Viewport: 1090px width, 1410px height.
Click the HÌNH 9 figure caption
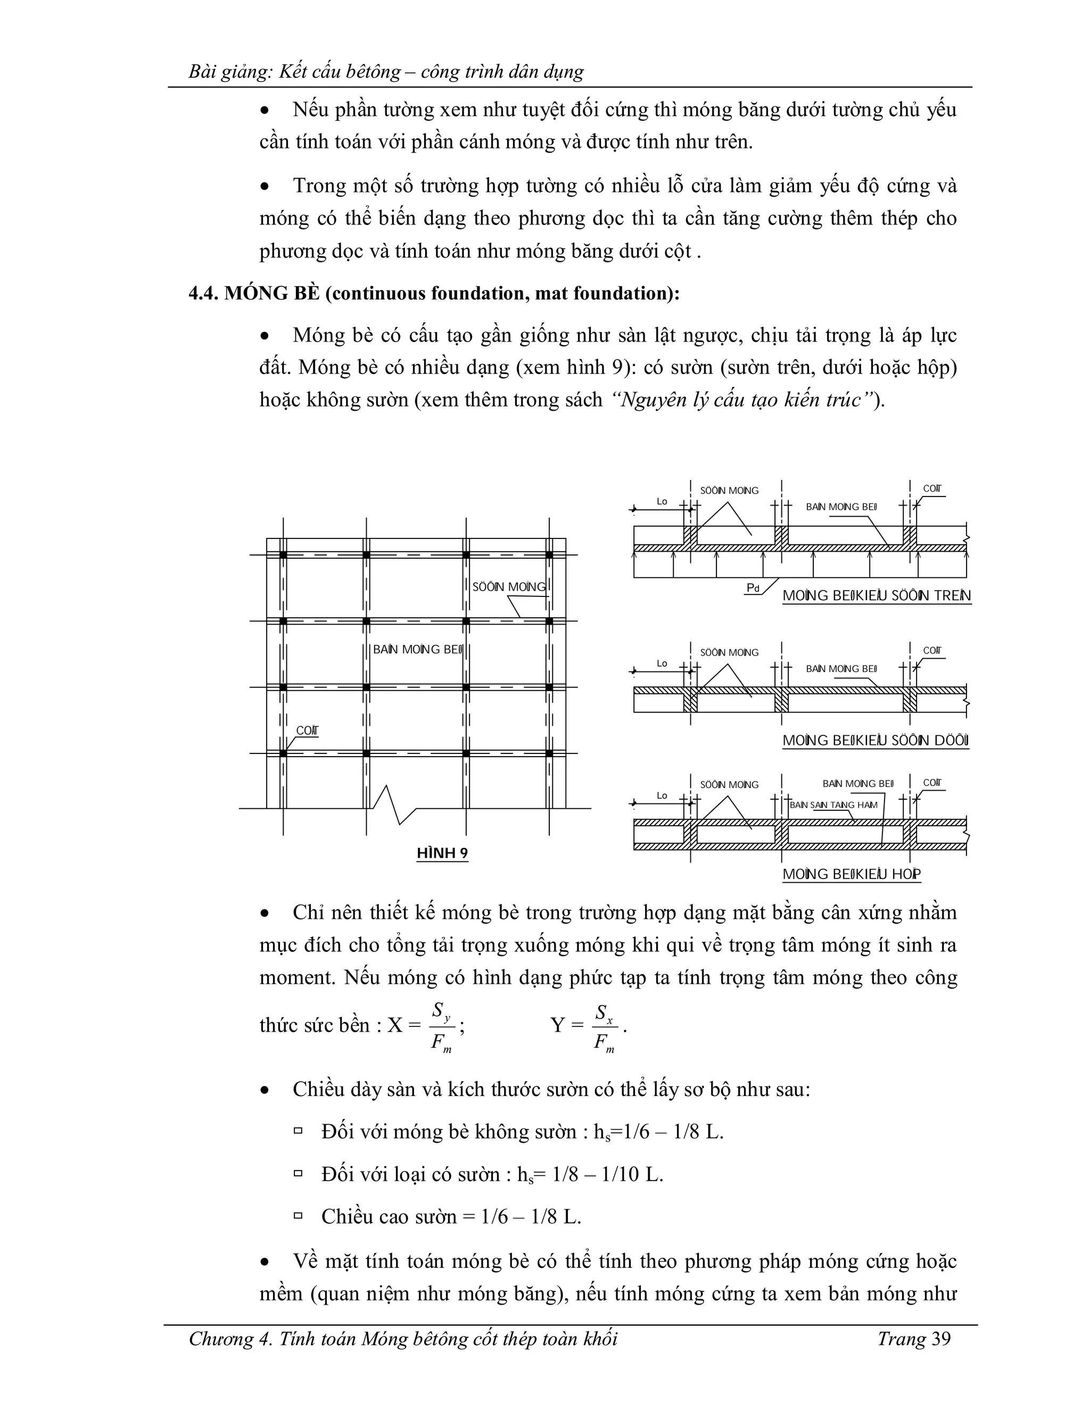(442, 853)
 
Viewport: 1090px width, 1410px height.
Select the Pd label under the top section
(752, 587)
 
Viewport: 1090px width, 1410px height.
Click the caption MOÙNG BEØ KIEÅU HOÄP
(851, 874)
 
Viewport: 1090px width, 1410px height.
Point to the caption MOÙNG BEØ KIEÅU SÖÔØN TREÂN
(876, 596)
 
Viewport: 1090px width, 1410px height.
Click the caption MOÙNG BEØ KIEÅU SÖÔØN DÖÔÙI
(876, 741)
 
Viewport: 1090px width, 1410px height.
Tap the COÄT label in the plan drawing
(308, 731)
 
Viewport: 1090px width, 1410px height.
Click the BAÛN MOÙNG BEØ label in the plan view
(418, 650)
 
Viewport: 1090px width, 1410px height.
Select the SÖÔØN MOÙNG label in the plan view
(509, 587)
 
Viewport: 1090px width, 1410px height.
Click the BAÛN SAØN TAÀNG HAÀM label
(833, 805)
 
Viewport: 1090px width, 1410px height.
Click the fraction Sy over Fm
(442, 1027)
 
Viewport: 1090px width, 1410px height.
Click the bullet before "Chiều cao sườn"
(299, 1216)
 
